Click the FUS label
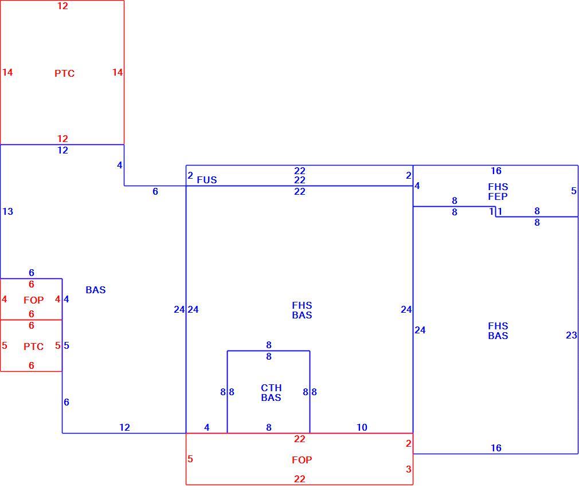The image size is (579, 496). coord(207,180)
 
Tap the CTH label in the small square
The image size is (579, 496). coord(271,388)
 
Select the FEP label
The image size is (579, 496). coord(498,196)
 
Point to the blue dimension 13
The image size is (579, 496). coord(8,211)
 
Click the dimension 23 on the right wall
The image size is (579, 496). coord(571,335)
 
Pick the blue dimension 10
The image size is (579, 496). coord(362,427)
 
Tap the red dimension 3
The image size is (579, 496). coord(408,469)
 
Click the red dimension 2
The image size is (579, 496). coord(408,443)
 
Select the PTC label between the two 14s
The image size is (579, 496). coord(65,73)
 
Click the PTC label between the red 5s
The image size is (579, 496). coord(34,347)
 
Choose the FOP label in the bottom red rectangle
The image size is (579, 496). coord(302,460)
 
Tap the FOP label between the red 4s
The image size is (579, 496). coord(34,300)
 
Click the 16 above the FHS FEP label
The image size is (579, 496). coord(496,171)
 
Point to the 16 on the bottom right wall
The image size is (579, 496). coord(496,448)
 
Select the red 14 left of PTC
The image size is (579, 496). coord(7,72)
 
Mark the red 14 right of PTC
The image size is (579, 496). coord(118,72)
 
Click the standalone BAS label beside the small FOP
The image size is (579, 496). coord(96,290)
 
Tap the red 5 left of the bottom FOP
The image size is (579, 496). coord(190,459)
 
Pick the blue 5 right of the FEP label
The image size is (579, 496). coord(573,191)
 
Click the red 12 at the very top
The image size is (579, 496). coord(62,6)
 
